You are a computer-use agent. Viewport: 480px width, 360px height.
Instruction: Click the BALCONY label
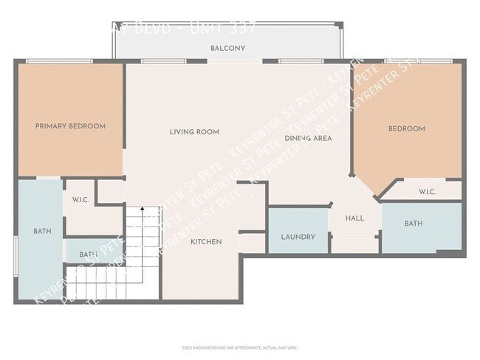pyautogui.click(x=227, y=49)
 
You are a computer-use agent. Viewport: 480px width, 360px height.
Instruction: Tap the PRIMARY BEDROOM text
pyautogui.click(x=70, y=126)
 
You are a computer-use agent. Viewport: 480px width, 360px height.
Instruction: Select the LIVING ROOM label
pyautogui.click(x=194, y=132)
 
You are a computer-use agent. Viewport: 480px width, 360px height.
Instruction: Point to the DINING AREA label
pyautogui.click(x=308, y=138)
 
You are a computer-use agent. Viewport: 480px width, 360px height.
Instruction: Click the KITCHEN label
pyautogui.click(x=206, y=242)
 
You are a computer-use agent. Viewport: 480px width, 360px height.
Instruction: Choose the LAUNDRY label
pyautogui.click(x=298, y=238)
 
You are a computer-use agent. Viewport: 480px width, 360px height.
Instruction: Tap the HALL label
pyautogui.click(x=354, y=218)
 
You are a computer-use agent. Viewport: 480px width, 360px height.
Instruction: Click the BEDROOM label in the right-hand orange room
pyautogui.click(x=407, y=129)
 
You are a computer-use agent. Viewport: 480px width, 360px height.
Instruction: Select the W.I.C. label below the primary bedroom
pyautogui.click(x=80, y=199)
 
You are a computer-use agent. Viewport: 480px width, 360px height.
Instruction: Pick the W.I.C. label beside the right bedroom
pyautogui.click(x=428, y=193)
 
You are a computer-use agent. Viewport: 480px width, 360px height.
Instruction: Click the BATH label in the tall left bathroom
pyautogui.click(x=42, y=232)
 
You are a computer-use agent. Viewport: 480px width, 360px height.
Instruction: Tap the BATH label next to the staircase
pyautogui.click(x=89, y=255)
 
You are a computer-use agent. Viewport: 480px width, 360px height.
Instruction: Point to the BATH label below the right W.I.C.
pyautogui.click(x=413, y=224)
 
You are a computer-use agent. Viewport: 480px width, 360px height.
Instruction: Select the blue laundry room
pyautogui.click(x=298, y=230)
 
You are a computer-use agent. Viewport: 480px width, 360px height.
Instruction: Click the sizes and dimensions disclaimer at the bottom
pyautogui.click(x=239, y=347)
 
